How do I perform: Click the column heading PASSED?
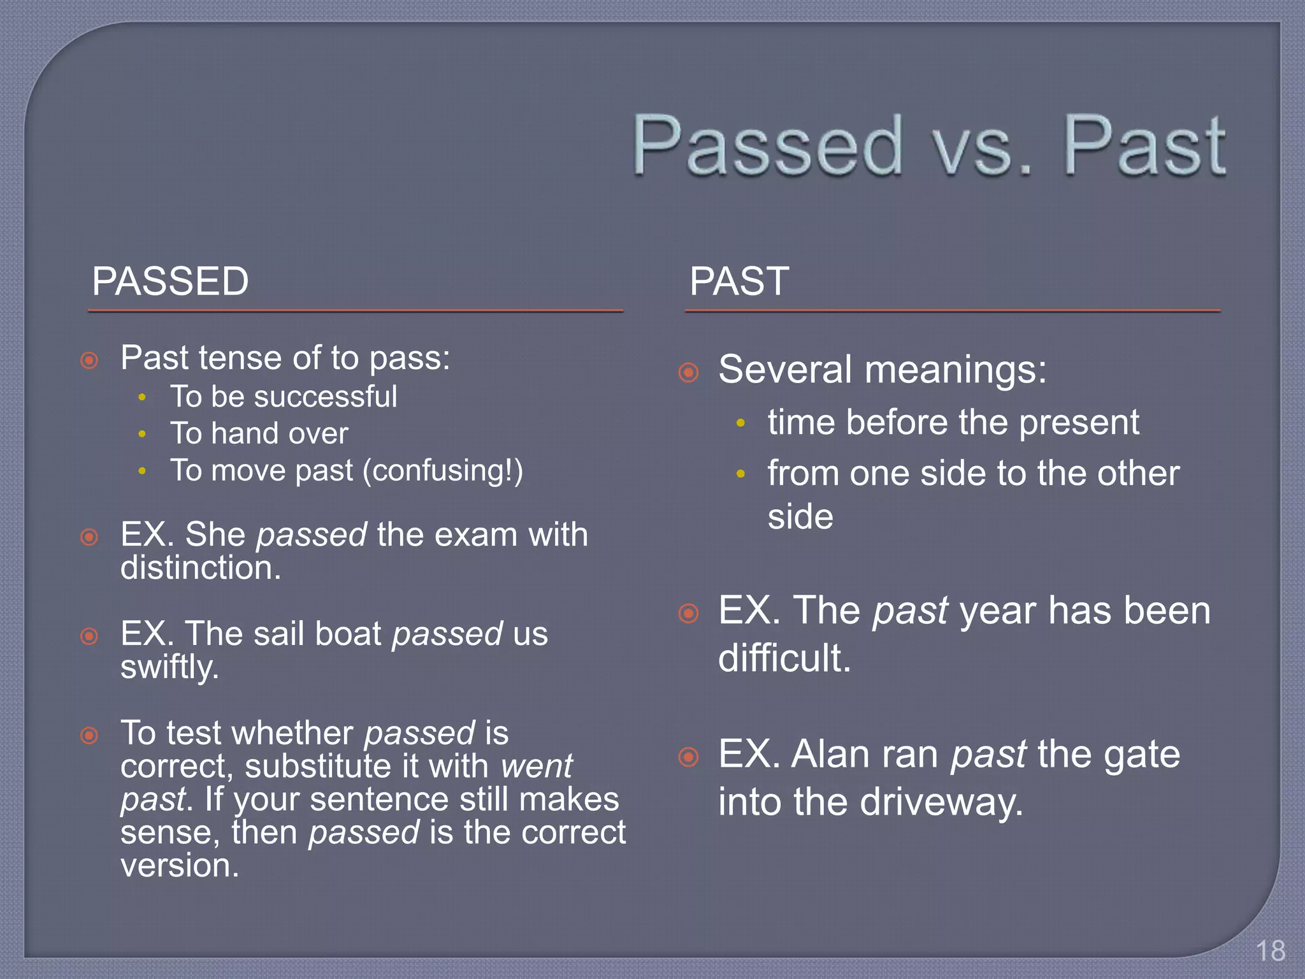coord(170,281)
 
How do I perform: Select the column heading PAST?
coord(739,281)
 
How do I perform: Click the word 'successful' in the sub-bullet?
coord(326,397)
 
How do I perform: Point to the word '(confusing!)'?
coord(443,471)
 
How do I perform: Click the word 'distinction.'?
coord(201,568)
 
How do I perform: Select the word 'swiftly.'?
coord(169,668)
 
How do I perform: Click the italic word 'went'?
coord(537,766)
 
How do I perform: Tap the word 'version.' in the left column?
coord(180,866)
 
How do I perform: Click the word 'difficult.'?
coord(784,658)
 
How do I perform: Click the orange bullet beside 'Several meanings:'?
coord(689,372)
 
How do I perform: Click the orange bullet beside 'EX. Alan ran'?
coord(689,757)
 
